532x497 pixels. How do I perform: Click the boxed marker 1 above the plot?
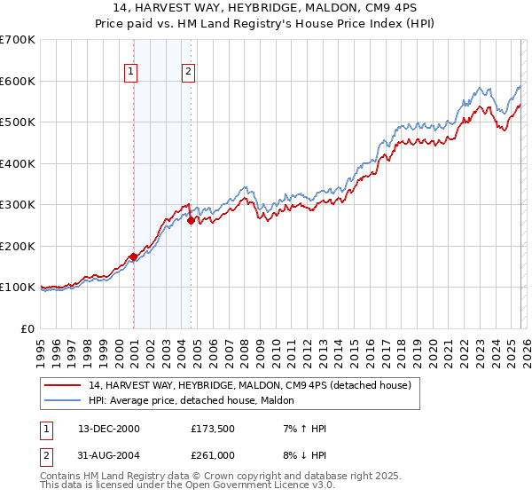(x=131, y=72)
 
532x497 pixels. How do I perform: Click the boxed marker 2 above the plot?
(x=189, y=72)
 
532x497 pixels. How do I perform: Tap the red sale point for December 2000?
(x=133, y=257)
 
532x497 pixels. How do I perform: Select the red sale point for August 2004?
(x=191, y=221)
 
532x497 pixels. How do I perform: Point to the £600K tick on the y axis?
(x=18, y=81)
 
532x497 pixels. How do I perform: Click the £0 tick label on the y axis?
(x=28, y=328)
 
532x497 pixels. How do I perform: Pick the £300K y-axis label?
(x=18, y=204)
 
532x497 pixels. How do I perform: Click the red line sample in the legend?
(x=63, y=386)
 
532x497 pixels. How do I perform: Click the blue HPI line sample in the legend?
(x=63, y=401)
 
